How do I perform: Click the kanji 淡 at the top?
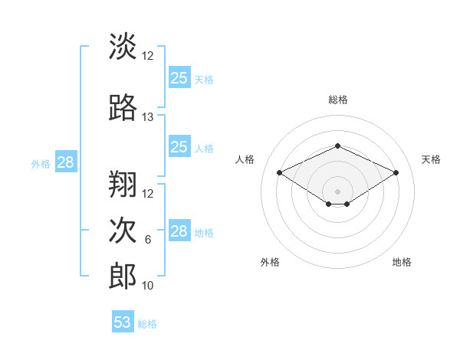pos(123,47)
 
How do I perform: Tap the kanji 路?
pos(123,109)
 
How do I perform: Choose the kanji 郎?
pos(123,276)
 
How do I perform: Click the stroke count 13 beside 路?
pos(148,117)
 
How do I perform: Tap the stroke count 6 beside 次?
pos(148,240)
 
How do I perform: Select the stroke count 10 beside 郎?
pos(148,286)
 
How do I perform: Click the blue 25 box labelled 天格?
pos(179,78)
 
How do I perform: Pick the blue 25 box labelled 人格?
pos(179,147)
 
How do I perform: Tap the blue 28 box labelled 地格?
pos(179,231)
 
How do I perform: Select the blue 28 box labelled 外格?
pos(65,162)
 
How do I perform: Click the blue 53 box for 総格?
pos(123,322)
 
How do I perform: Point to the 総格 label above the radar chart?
pos(338,100)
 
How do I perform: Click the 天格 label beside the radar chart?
pos(431,159)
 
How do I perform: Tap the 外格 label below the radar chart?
pos(270,262)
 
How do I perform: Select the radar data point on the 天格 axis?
pos(396,173)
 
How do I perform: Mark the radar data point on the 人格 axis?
pos(280,173)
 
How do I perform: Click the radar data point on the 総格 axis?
pos(337,146)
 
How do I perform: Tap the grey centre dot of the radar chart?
pos(337,190)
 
